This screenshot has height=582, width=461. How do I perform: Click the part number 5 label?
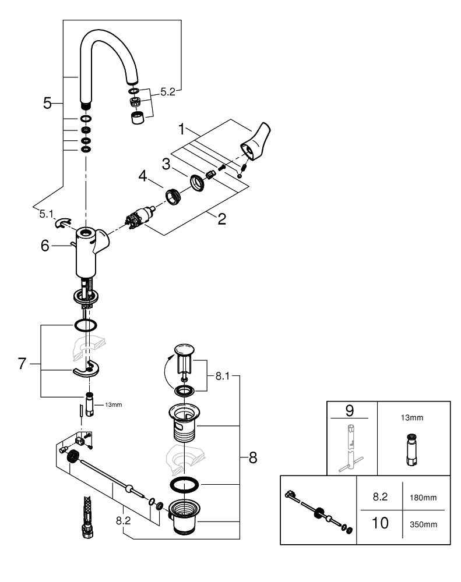pos(48,104)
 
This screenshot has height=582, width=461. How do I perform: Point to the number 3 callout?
pos(166,164)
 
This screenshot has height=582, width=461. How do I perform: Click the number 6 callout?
pos(45,246)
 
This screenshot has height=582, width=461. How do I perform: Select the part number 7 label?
pos(22,364)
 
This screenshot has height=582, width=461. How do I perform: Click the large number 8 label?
pos(253,457)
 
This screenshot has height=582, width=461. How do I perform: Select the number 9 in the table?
pos(350,410)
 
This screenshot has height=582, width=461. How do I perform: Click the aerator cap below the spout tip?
pos(138,119)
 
